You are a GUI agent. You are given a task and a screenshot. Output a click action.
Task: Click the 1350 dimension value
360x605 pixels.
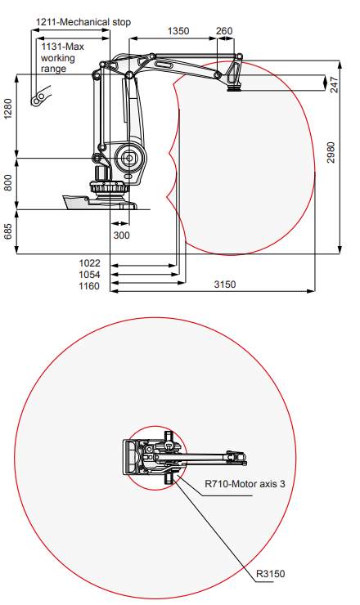(178, 31)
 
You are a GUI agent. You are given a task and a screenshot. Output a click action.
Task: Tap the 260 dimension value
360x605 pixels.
(224, 31)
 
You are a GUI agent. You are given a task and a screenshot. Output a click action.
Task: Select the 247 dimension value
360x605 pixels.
(334, 85)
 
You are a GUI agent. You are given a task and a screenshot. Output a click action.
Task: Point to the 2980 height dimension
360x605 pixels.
(331, 152)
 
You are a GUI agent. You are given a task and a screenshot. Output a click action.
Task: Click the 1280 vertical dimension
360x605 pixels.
(8, 110)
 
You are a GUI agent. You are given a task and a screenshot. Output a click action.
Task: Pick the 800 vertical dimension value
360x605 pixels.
(8, 182)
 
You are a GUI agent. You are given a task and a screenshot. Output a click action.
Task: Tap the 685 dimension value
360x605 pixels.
(8, 231)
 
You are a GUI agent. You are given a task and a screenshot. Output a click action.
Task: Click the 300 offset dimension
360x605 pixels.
(121, 235)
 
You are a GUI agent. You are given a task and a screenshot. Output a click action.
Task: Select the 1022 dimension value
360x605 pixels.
(89, 263)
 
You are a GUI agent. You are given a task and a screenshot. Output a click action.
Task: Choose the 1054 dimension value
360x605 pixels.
(89, 275)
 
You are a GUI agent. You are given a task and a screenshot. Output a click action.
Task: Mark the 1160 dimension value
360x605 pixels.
(89, 286)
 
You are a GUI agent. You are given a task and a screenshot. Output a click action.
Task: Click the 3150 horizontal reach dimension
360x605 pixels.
(225, 285)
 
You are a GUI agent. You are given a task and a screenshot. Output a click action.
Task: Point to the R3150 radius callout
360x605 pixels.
(270, 574)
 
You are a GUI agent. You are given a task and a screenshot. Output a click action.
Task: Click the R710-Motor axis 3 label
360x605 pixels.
(245, 483)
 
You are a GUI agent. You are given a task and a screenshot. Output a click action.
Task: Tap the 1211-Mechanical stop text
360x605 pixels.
(83, 22)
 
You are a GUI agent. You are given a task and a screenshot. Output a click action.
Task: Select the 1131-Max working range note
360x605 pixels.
(62, 58)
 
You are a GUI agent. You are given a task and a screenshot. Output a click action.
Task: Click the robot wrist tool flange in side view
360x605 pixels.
(234, 88)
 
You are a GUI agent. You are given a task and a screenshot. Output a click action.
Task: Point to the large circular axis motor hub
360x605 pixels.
(129, 158)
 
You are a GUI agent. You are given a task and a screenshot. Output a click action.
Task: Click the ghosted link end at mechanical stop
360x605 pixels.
(40, 96)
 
